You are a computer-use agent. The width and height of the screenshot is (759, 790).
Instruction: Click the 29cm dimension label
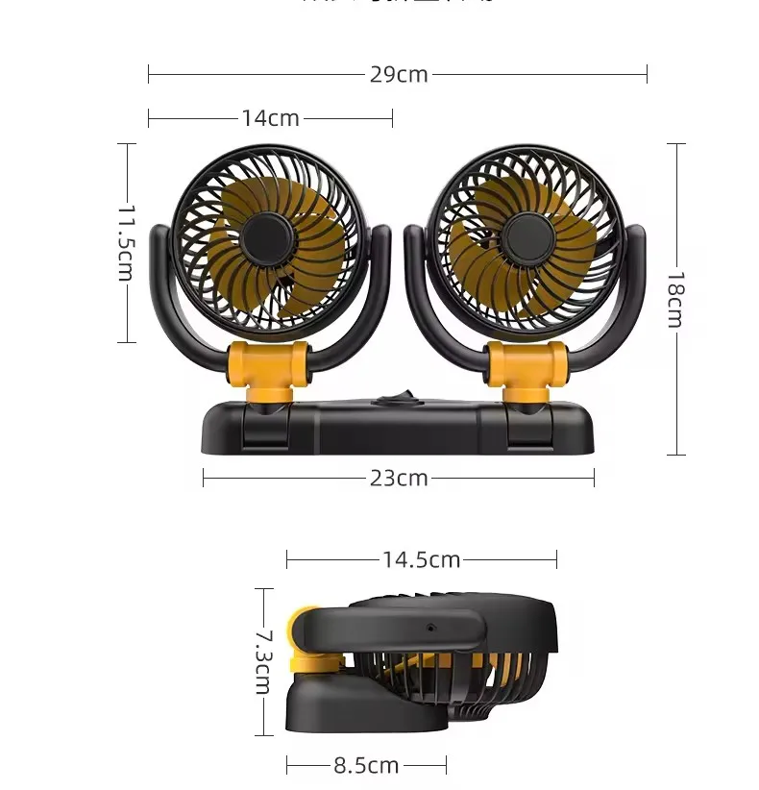[x=399, y=74]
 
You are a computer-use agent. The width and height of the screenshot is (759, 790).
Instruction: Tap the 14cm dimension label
[x=270, y=118]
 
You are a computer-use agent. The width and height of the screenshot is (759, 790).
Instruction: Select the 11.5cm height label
[x=126, y=242]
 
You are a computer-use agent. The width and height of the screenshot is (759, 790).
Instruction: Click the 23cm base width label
[x=399, y=478]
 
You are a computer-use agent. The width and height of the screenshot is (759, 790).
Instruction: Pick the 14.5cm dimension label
[x=422, y=559]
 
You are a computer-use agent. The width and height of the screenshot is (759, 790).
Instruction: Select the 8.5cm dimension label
[x=366, y=765]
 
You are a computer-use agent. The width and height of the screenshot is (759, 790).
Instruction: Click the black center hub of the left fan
[x=265, y=236]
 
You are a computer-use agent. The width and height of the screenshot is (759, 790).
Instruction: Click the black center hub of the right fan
[x=525, y=235]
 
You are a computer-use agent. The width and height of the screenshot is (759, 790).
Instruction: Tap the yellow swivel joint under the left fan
[x=268, y=368]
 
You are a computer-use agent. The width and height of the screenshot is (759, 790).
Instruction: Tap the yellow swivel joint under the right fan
[x=526, y=368]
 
